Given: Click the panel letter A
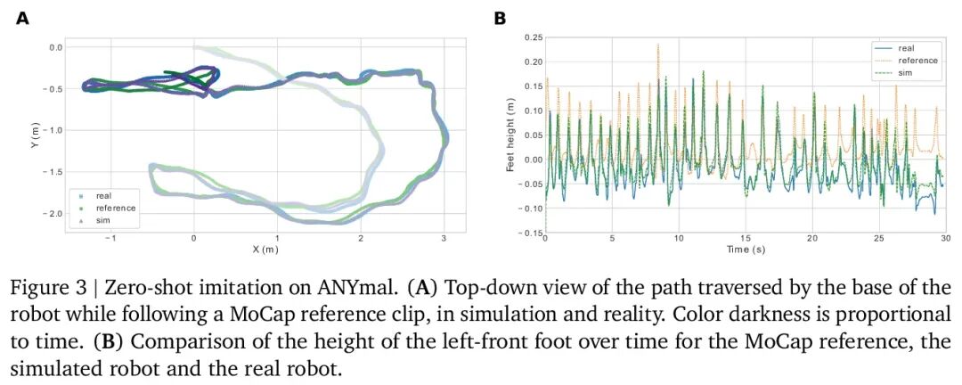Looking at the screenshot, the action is [22, 19].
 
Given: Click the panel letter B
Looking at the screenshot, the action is [500, 19].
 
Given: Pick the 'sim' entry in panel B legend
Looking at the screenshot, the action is [905, 72].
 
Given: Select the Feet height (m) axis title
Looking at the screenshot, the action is [510, 136].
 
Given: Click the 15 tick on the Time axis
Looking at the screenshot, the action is [745, 238].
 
